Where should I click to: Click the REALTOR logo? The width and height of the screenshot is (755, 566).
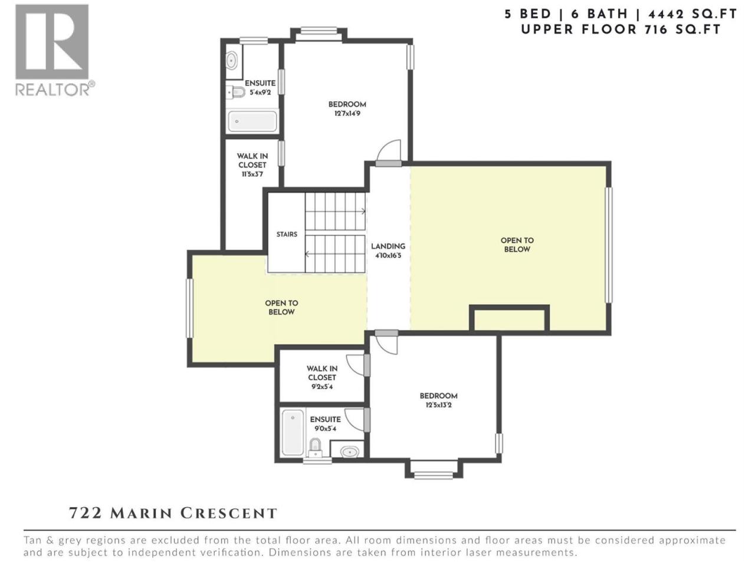pyautogui.click(x=55, y=50)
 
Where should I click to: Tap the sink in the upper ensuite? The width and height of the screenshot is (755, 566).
pyautogui.click(x=231, y=61)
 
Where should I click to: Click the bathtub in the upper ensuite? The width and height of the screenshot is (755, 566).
pyautogui.click(x=252, y=121)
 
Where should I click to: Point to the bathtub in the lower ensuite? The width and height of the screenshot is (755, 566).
pyautogui.click(x=293, y=432)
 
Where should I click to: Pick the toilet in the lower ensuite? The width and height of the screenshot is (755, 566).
pyautogui.click(x=315, y=447)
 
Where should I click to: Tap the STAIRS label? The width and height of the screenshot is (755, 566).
pyautogui.click(x=287, y=235)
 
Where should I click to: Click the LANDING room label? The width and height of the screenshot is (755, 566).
pyautogui.click(x=388, y=246)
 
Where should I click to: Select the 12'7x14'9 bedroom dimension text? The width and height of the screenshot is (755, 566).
pyautogui.click(x=347, y=113)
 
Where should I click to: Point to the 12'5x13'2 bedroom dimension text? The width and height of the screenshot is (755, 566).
pyautogui.click(x=439, y=405)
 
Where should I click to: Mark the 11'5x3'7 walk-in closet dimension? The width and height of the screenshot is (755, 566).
pyautogui.click(x=252, y=175)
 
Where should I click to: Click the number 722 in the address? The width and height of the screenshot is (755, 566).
pyautogui.click(x=86, y=514)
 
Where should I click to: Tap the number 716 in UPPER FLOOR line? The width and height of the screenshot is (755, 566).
pyautogui.click(x=656, y=30)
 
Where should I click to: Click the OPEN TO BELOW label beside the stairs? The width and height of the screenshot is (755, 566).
pyautogui.click(x=281, y=308)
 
